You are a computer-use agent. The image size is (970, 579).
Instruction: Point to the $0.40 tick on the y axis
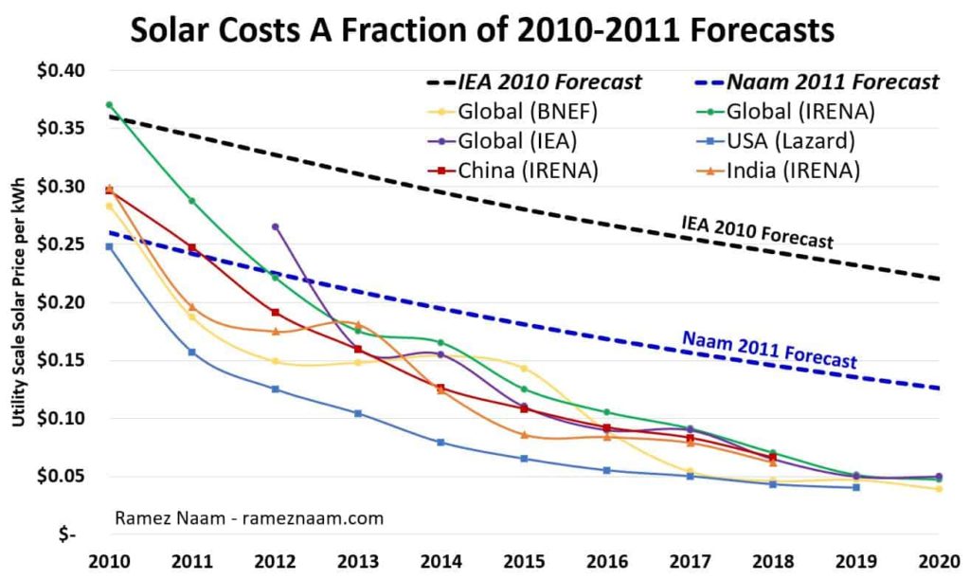coord(62,70)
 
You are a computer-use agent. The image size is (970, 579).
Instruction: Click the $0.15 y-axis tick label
coord(62,360)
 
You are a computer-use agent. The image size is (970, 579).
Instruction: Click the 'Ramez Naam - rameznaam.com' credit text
coord(249,517)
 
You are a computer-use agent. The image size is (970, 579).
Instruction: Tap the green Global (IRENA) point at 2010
coord(109,104)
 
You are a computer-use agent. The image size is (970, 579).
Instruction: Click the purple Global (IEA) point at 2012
coord(276,226)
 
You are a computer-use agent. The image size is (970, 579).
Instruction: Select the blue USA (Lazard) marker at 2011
coord(191,352)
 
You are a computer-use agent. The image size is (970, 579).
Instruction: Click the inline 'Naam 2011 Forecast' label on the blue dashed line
coord(769,351)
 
